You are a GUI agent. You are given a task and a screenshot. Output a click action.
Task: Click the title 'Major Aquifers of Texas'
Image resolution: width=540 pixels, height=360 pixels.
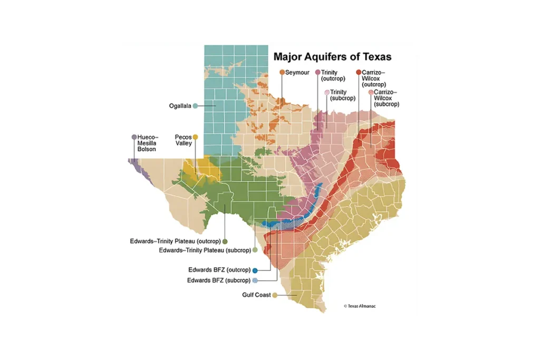tap(332, 56)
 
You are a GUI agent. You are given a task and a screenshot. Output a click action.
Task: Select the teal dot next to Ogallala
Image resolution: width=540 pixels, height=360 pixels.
tap(195, 106)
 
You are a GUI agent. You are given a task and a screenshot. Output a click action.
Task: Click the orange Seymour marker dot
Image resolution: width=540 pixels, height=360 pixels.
tap(282, 72)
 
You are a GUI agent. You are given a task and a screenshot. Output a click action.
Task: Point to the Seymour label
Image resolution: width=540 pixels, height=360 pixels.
tap(297, 72)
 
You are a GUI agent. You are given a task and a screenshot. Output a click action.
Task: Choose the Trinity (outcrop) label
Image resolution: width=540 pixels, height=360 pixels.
tap(333, 75)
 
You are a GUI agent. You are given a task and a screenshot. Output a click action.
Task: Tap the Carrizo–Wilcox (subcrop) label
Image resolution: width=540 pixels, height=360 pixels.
tap(386, 98)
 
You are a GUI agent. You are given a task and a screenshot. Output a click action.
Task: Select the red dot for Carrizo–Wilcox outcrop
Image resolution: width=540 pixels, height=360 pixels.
tap(359, 72)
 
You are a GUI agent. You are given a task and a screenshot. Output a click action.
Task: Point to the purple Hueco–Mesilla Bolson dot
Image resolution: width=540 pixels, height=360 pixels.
tap(134, 137)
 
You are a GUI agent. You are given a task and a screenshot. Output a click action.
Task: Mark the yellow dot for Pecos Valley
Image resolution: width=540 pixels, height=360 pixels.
tap(195, 137)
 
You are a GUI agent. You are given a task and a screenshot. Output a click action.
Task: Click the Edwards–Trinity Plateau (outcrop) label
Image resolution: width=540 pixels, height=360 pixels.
tap(176, 241)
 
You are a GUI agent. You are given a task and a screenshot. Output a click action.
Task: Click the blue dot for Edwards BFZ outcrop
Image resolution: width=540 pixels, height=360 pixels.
tap(255, 270)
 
